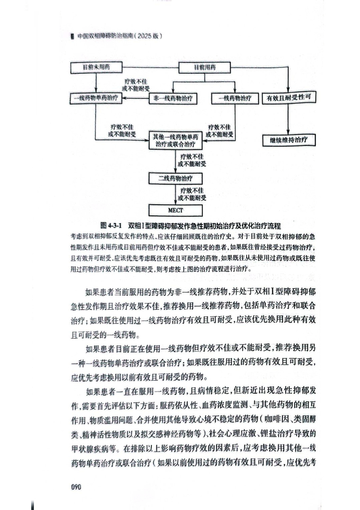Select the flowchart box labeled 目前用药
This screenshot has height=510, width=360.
coord(205,68)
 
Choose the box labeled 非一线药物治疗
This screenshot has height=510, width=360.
coord(173,98)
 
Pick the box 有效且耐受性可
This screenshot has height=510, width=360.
coord(288,98)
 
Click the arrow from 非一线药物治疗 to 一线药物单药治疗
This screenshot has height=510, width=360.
coord(135,98)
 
